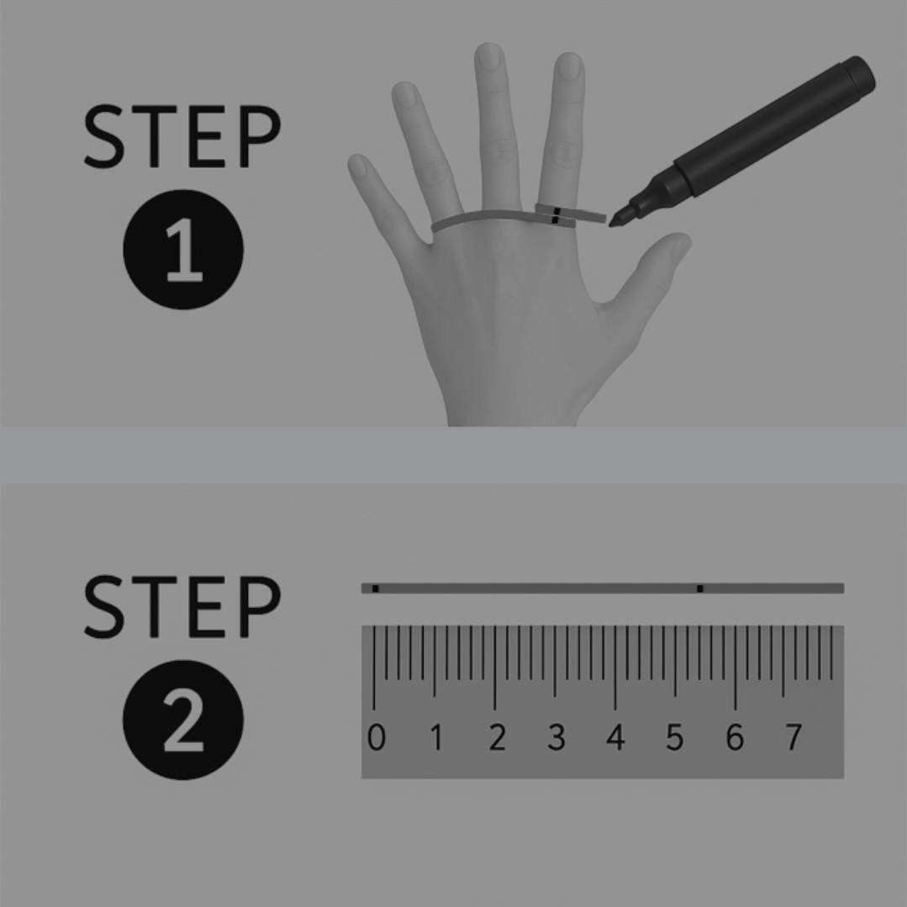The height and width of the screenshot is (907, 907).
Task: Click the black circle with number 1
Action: point(183,250)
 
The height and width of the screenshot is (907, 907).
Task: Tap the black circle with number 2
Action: point(183,720)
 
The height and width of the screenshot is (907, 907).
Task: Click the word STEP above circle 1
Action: point(182,136)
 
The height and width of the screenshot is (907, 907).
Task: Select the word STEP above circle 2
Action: point(182,607)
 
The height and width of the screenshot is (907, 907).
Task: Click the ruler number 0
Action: point(376,737)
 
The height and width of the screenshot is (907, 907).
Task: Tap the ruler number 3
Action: point(556,737)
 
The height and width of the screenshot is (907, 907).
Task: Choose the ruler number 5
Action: point(674,737)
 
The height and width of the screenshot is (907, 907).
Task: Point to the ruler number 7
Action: point(794,737)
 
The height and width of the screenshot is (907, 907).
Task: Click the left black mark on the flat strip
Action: point(376,589)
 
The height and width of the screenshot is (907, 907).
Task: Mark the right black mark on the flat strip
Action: point(700,589)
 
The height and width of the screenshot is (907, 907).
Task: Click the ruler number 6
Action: point(735,737)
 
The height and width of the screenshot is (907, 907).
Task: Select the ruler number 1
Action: point(437,737)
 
